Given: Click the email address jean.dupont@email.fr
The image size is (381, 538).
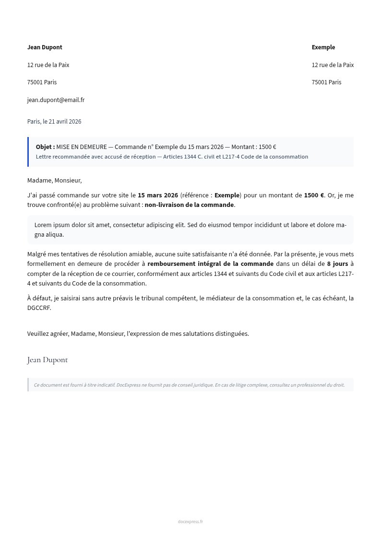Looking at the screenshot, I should [x=56, y=100].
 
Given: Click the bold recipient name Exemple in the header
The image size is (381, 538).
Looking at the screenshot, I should [x=323, y=47].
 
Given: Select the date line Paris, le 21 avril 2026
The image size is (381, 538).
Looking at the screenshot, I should [x=54, y=122].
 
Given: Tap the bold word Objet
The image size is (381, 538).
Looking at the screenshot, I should [x=45, y=147].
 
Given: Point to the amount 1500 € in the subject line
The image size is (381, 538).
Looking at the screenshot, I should [x=267, y=147].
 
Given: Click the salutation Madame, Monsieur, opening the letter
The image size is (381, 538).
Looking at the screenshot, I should [x=54, y=181].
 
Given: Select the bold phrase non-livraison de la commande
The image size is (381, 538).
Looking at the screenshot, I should [x=189, y=205].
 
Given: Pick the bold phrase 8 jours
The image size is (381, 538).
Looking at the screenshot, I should [x=337, y=264].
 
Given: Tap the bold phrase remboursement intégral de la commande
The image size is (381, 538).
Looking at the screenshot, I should [x=210, y=264].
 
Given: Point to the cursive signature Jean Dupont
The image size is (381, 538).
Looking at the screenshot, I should [x=48, y=360].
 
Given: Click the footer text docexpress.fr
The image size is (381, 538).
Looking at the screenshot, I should [x=190, y=522].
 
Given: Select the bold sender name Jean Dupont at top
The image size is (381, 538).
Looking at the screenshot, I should [x=45, y=47].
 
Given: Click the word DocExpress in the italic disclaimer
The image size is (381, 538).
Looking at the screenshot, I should [x=128, y=385].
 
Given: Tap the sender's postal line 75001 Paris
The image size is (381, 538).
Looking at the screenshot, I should [x=42, y=82].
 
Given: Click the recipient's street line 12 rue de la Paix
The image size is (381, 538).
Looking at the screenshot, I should [x=333, y=65].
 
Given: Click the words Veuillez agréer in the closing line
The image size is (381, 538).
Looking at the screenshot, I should [x=48, y=334].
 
